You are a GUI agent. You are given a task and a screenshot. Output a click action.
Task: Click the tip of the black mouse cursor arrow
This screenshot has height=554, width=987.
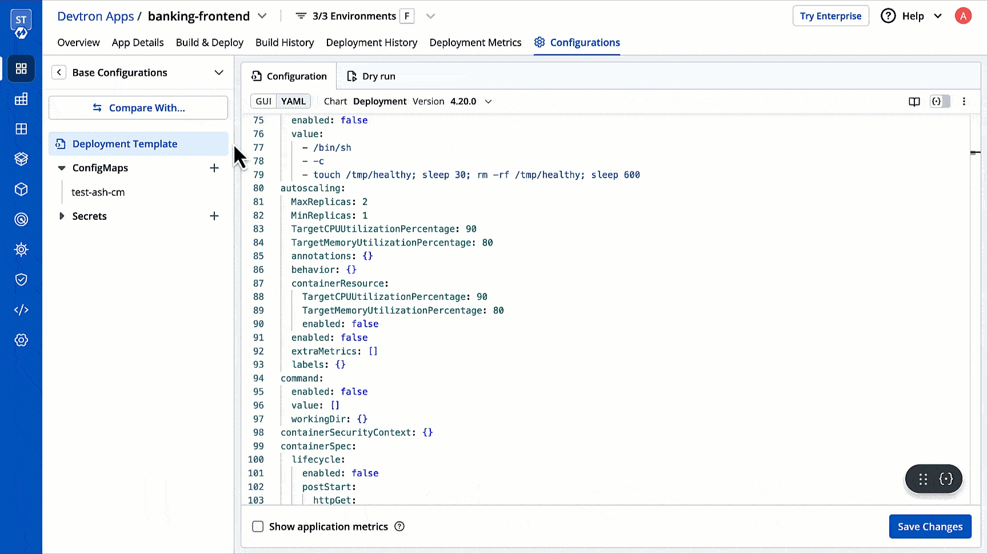[234, 146]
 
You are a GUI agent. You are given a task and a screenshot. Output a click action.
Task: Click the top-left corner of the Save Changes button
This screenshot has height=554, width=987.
[889, 515]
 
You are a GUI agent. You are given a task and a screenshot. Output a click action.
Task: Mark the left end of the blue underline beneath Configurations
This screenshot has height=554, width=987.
[534, 55]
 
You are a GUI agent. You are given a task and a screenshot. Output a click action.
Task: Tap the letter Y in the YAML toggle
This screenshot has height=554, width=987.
[284, 102]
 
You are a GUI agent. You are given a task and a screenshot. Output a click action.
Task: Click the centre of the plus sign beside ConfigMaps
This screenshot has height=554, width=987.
[214, 168]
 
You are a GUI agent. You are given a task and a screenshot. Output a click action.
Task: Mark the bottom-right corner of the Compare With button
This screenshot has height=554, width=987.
[228, 119]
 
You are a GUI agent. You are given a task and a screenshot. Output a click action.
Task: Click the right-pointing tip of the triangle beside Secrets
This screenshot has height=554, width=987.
[65, 216]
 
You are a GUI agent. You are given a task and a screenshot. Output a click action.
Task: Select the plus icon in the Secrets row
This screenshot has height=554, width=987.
[214, 216]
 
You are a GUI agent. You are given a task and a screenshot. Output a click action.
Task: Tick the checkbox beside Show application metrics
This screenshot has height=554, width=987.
[258, 527]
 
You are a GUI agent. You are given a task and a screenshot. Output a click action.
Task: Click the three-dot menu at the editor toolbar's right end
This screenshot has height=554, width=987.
[964, 102]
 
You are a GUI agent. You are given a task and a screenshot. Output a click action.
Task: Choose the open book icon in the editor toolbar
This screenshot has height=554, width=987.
[914, 102]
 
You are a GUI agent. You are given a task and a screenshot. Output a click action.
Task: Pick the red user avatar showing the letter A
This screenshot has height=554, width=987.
[963, 16]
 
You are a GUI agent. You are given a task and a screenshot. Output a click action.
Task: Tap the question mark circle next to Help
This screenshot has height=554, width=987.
[888, 16]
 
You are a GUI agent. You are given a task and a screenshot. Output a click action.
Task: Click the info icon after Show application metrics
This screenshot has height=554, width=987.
[399, 527]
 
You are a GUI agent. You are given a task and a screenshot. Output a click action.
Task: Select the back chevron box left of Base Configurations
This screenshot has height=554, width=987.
[59, 73]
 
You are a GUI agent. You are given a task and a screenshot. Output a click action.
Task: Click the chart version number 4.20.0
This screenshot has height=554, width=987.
[463, 102]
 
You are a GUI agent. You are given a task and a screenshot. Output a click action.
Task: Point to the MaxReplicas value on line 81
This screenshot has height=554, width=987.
[365, 202]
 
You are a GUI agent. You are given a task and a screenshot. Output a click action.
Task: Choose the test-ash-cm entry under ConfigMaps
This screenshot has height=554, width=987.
[98, 192]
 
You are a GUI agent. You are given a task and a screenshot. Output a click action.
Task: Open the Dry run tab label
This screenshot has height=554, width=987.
[379, 77]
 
